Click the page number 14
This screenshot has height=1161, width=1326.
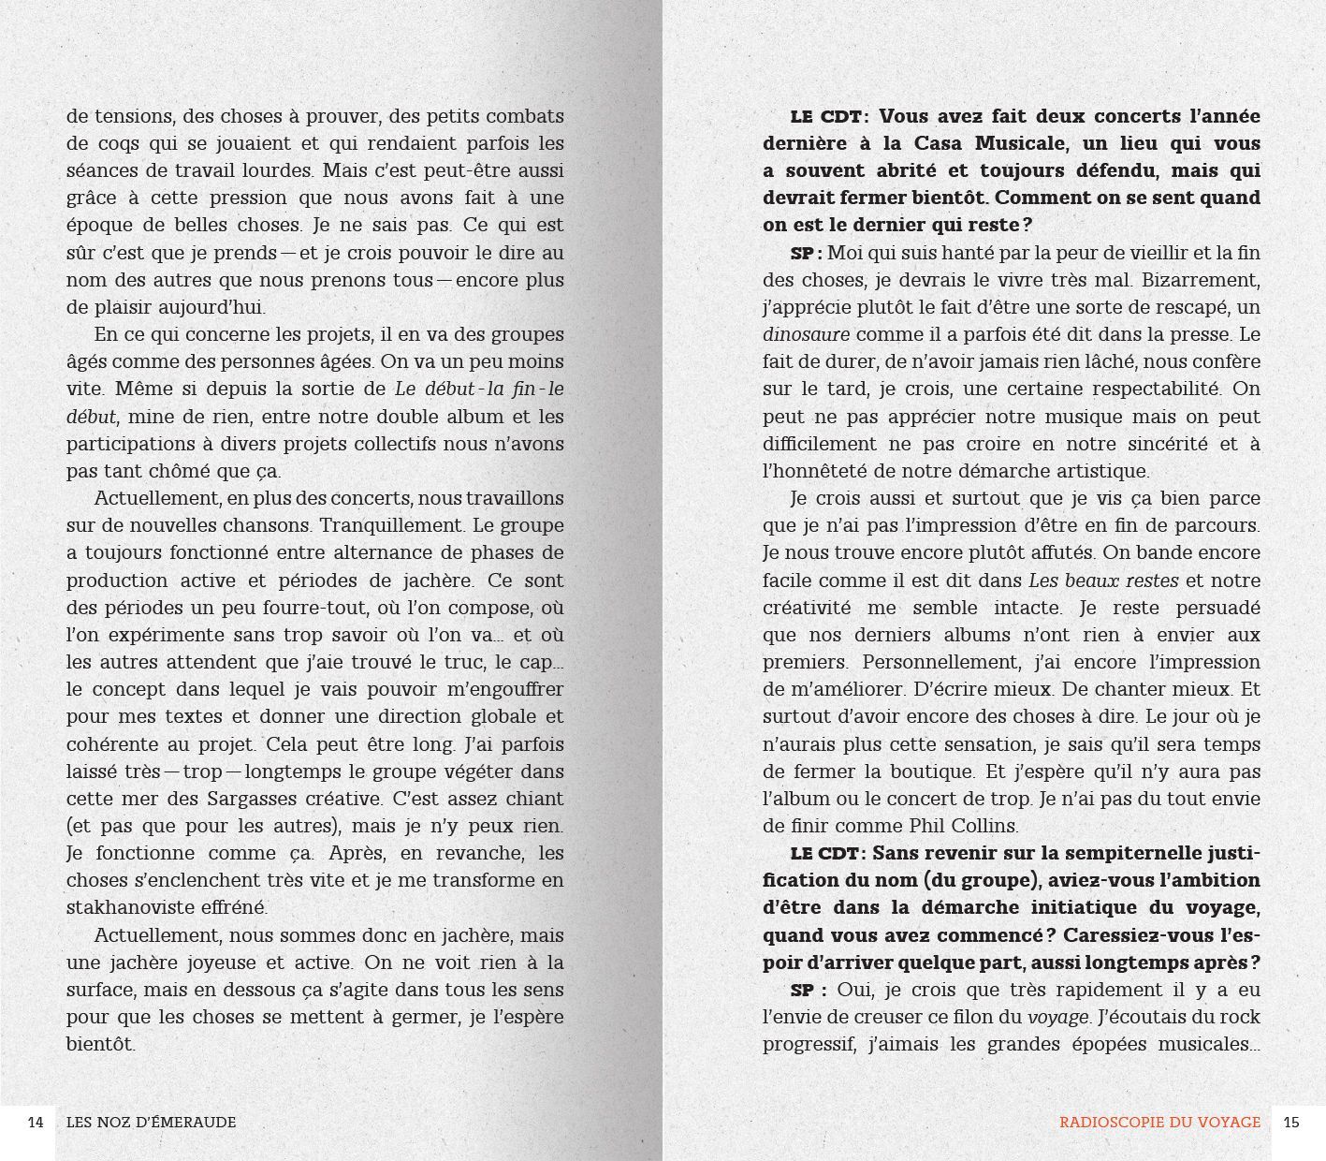[x=36, y=1122]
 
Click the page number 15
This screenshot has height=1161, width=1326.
[x=1291, y=1122]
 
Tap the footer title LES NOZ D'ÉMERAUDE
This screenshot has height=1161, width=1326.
[x=152, y=1122]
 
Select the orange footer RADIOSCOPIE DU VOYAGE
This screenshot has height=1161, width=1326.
[x=1159, y=1122]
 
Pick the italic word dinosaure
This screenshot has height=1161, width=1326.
[x=806, y=334]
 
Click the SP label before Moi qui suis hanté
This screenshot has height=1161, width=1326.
[x=805, y=253]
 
